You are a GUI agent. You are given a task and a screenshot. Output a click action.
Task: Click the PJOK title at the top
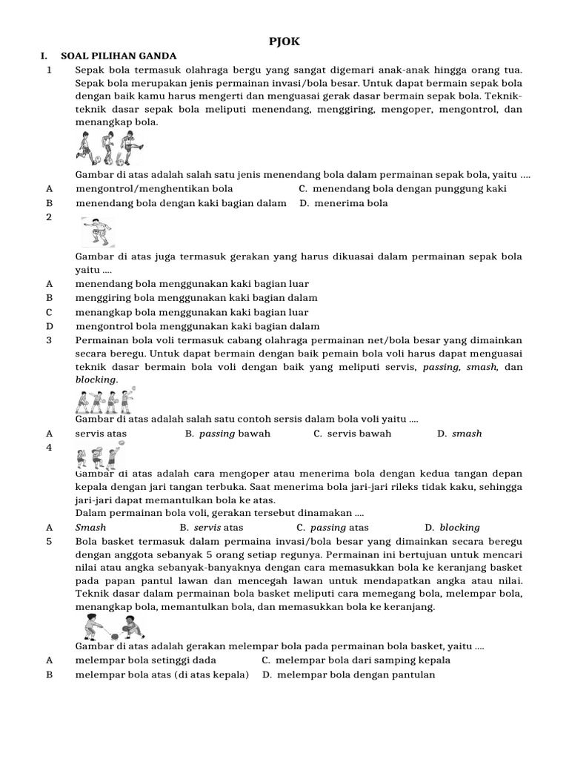pos(284,42)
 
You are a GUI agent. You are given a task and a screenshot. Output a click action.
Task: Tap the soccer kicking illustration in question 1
pos(110,148)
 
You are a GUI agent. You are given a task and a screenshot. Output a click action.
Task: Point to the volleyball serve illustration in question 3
pos(105,400)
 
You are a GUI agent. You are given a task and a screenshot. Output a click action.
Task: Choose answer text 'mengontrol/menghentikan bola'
pos(154,189)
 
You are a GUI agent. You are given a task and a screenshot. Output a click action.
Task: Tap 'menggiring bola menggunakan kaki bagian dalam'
pos(196,298)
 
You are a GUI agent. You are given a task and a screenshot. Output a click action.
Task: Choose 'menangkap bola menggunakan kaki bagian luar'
pos(192,312)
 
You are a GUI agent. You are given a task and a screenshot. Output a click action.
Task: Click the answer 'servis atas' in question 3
pos(101,434)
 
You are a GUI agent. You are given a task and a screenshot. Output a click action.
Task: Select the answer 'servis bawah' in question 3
pos(359,434)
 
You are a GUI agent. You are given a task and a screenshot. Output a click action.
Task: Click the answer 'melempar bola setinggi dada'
pos(146,660)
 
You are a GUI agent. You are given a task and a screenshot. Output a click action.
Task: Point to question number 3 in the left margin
pos(49,340)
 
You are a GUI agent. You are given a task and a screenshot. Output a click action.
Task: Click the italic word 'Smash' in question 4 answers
pos(91,528)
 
